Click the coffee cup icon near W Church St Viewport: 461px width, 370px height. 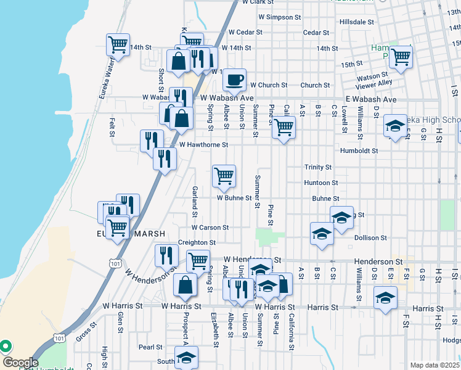[234, 79]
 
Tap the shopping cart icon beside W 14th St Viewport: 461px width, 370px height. [118, 44]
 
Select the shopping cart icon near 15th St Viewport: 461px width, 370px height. [401, 57]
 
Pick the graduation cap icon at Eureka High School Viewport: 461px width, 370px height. [395, 126]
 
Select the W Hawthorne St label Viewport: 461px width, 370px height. [203, 145]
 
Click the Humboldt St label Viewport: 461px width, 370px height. [358, 150]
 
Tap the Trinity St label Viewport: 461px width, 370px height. [318, 167]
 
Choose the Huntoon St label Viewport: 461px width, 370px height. [321, 183]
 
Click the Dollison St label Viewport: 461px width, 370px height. [370, 237]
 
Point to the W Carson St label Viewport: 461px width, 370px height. [210, 228]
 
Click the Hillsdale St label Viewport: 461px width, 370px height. [357, 21]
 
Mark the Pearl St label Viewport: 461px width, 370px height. [150, 347]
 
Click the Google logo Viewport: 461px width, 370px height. [20, 363]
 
